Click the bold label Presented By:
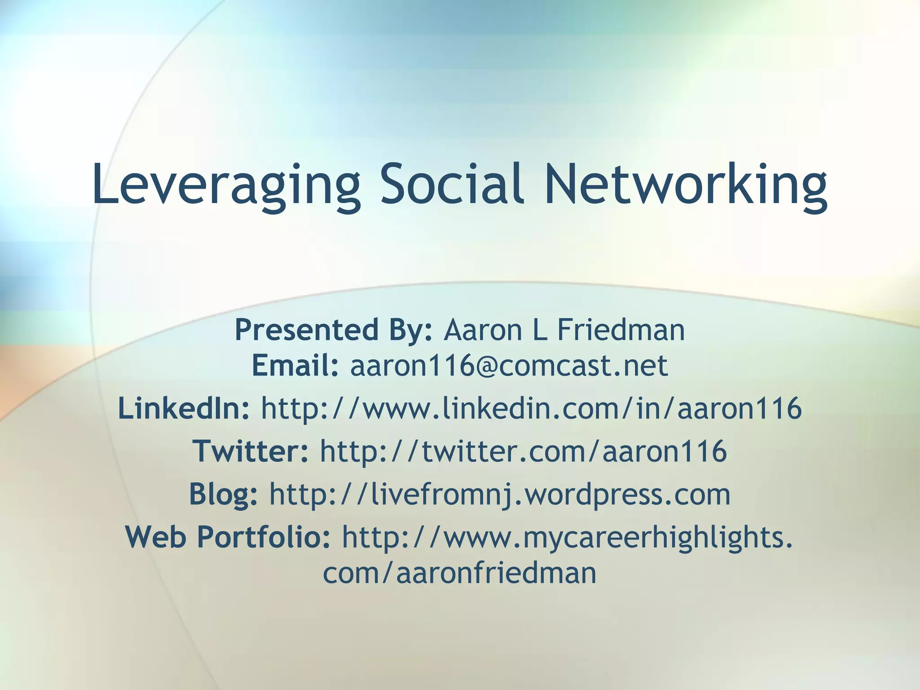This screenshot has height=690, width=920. pos(333,330)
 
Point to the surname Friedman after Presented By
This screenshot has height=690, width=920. pos(621,330)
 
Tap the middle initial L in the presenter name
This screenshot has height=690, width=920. pos(540,330)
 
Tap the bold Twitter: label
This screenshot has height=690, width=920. pos(251,451)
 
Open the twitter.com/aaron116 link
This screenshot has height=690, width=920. pos(523,451)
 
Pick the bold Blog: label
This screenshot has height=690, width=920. pos(223,494)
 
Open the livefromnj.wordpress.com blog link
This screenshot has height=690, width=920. pos(500,494)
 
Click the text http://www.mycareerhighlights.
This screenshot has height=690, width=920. pos(567,538)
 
